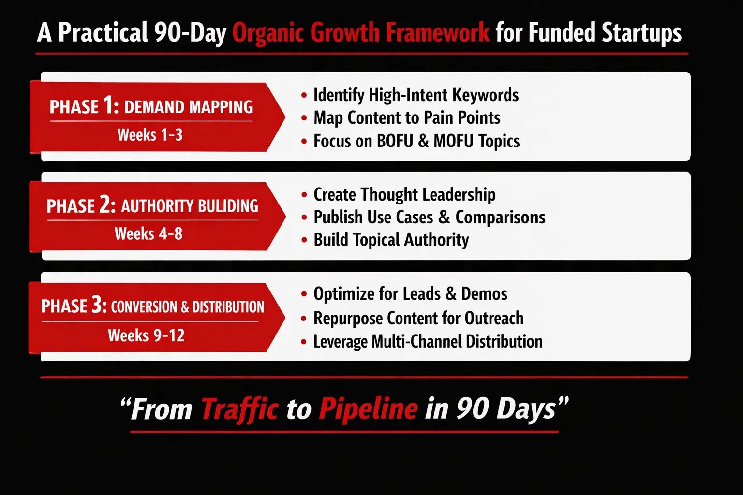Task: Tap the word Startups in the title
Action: (x=641, y=32)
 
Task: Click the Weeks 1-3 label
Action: (x=150, y=135)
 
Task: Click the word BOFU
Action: (x=395, y=141)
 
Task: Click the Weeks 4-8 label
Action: (x=149, y=234)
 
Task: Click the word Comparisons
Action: (x=500, y=218)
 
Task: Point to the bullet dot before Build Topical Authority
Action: (x=304, y=240)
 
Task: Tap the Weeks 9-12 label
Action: (x=146, y=335)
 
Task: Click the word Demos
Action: (x=484, y=294)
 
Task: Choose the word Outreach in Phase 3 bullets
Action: (x=494, y=318)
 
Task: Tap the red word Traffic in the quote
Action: (x=240, y=409)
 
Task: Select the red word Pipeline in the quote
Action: (x=368, y=409)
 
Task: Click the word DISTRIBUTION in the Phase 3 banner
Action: (x=228, y=307)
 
